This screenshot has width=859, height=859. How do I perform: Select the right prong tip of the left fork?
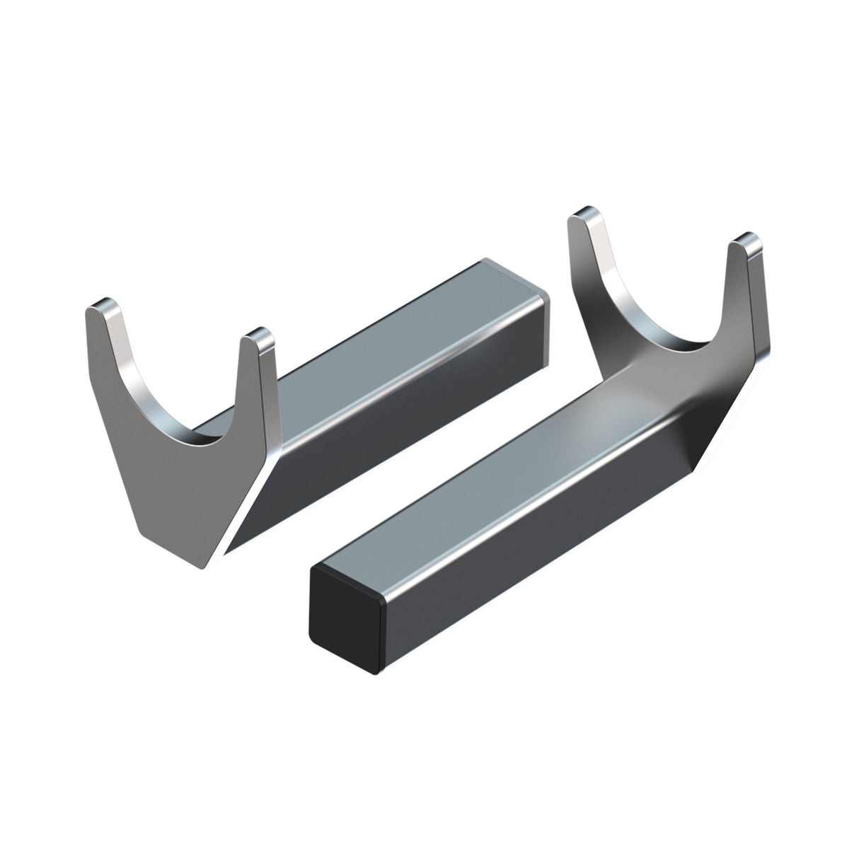point(255,335)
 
